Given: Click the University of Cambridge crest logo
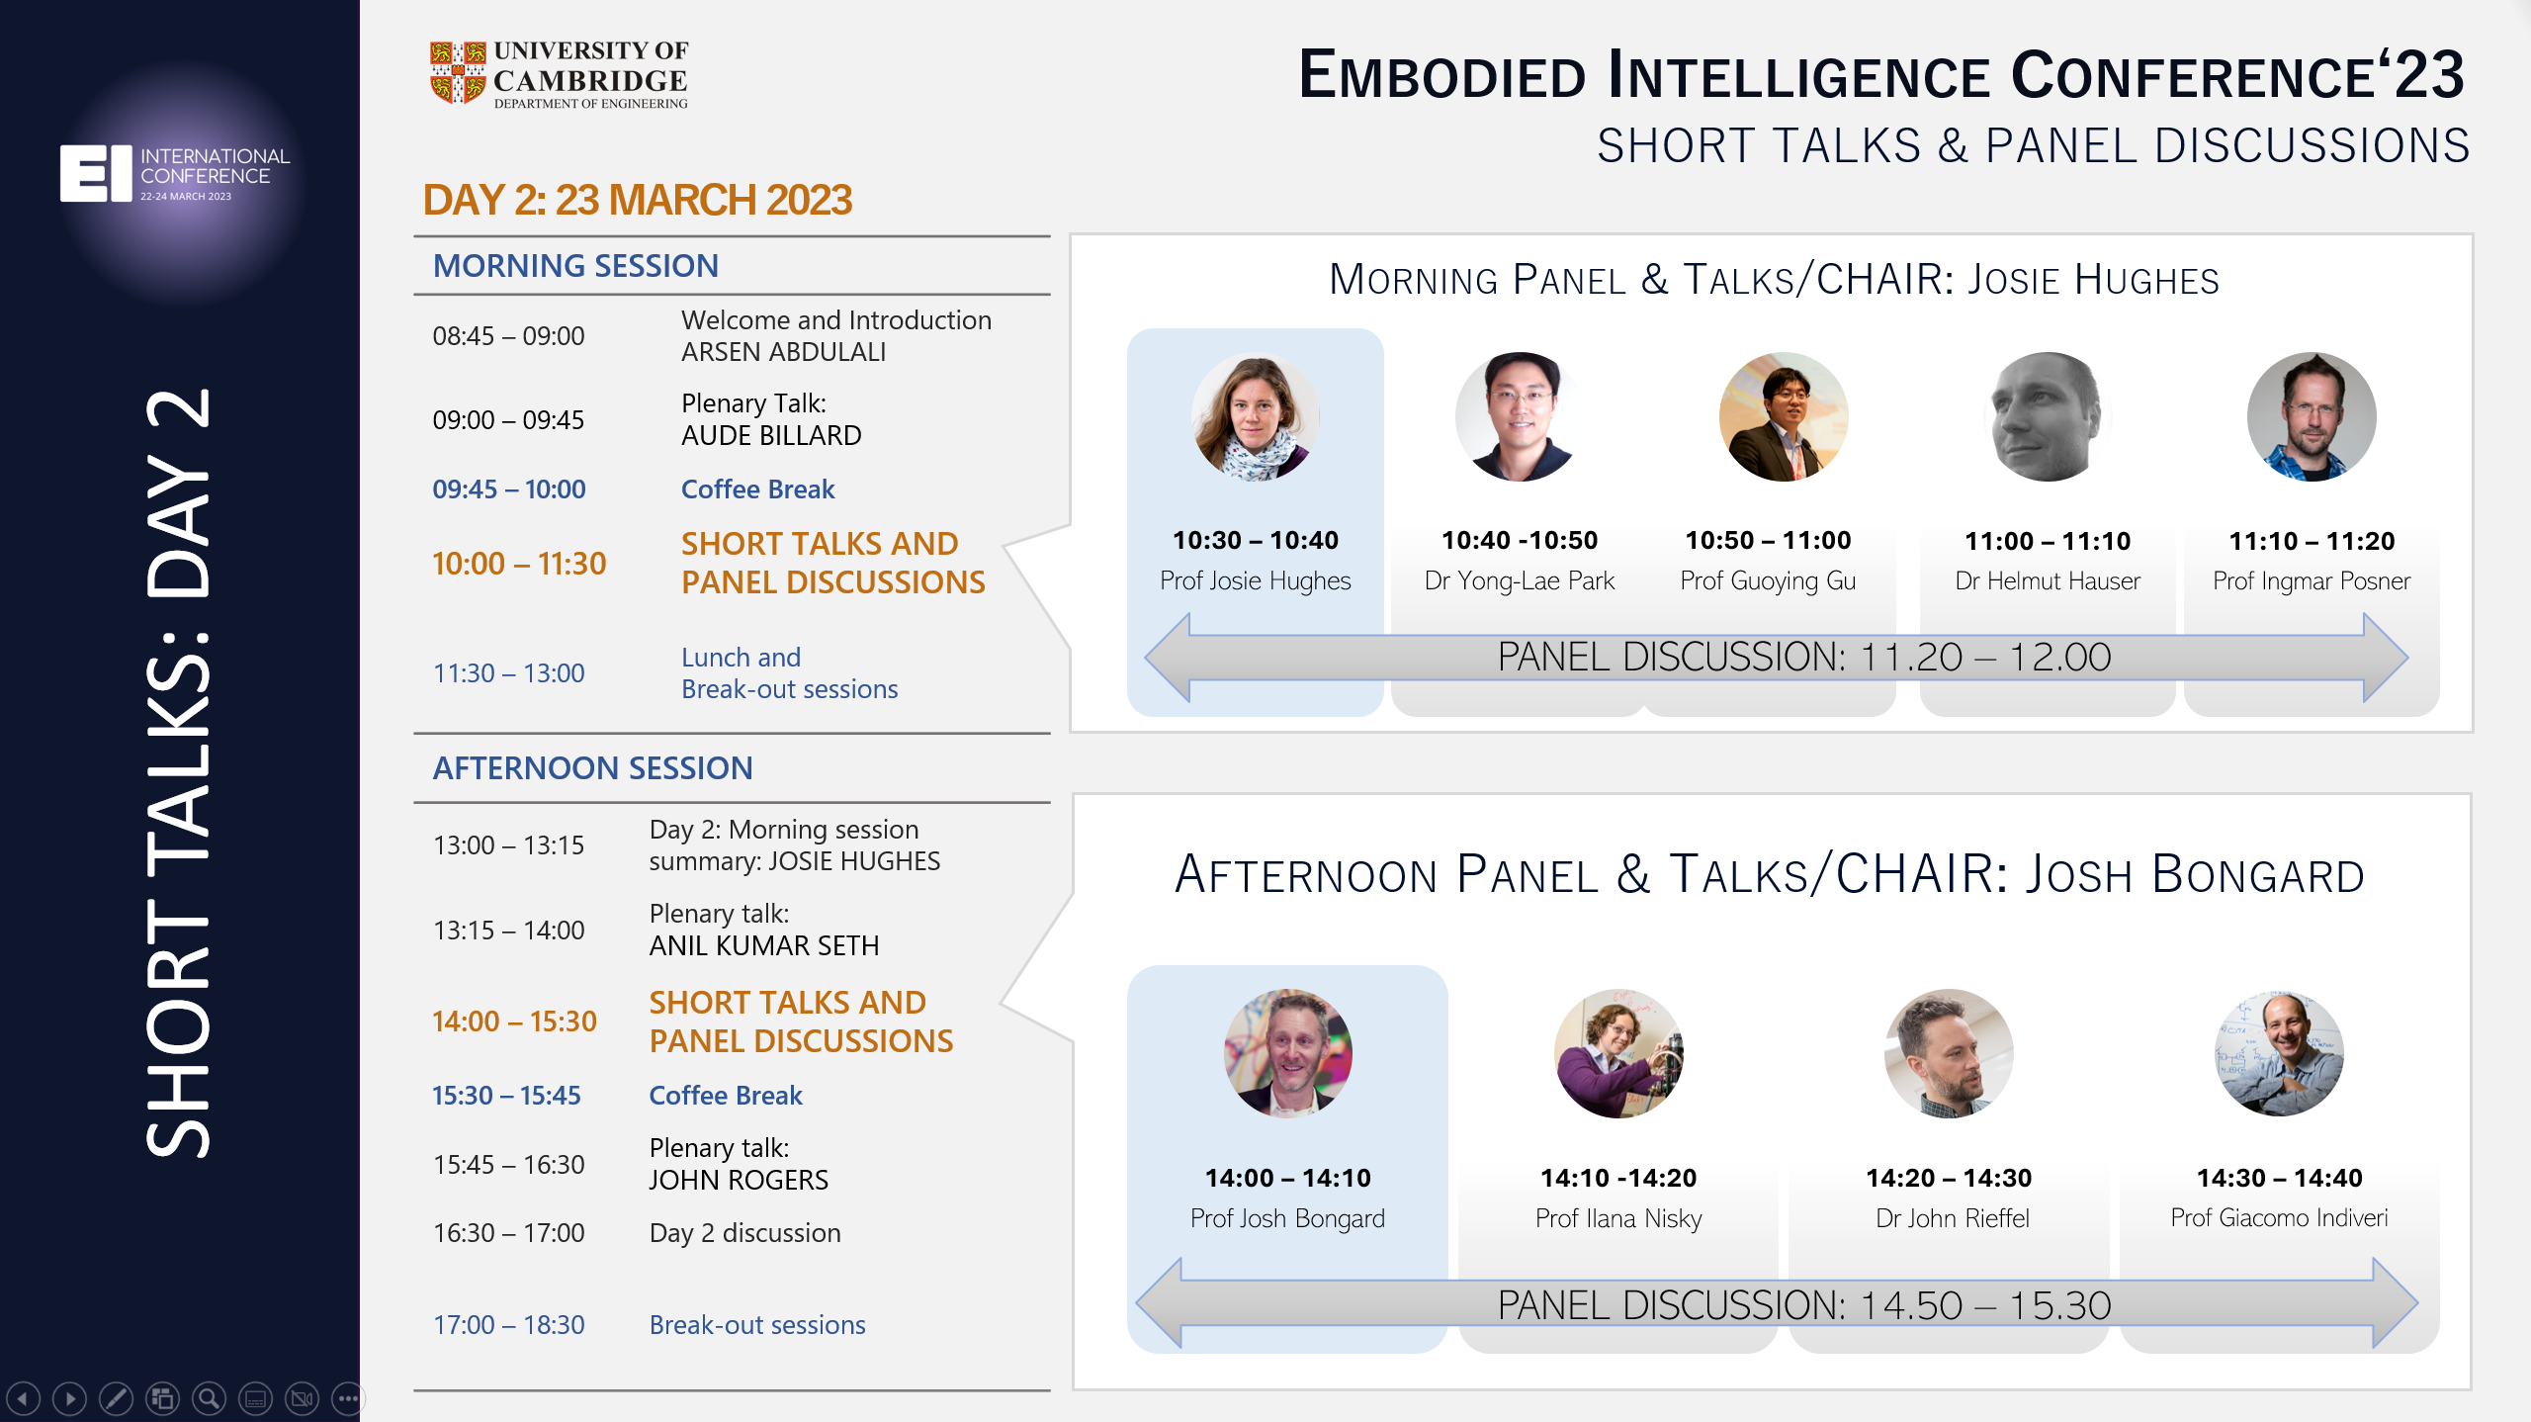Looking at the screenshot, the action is pyautogui.click(x=458, y=72).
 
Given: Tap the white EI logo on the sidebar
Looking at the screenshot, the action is pyautogui.click(x=96, y=173).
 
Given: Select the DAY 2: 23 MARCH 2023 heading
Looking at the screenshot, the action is pyautogui.click(x=638, y=200).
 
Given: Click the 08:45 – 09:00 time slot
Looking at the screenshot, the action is pyautogui.click(x=508, y=336).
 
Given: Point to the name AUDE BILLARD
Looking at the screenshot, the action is pyautogui.click(x=771, y=435).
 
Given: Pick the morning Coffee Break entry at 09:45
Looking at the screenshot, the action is pyautogui.click(x=757, y=489).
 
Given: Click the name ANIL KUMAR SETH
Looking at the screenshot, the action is pyautogui.click(x=764, y=945).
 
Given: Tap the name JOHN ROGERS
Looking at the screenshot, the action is pyautogui.click(x=739, y=1180).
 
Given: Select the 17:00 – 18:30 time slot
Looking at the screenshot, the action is pyautogui.click(x=508, y=1325).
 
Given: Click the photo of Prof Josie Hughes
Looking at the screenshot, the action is pyautogui.click(x=1256, y=416).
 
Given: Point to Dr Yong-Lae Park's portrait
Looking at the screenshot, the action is pyautogui.click(x=1520, y=416).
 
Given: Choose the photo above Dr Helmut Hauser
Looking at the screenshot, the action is pyautogui.click(x=2048, y=416).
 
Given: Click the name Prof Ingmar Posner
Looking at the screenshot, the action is pyautogui.click(x=2312, y=580).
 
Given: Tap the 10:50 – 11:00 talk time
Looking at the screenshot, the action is pyautogui.click(x=1768, y=540).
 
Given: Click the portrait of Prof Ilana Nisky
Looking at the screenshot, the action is pyautogui.click(x=1618, y=1053).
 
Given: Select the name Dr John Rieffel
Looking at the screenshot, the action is pyautogui.click(x=1953, y=1218).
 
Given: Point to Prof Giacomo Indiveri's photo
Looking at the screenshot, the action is pyautogui.click(x=2279, y=1053).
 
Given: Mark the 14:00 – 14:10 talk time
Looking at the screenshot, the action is pyautogui.click(x=1287, y=1178).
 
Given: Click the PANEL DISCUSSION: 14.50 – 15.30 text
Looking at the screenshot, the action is pyautogui.click(x=1804, y=1305).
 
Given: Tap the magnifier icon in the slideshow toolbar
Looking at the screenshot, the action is pyautogui.click(x=209, y=1398).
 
